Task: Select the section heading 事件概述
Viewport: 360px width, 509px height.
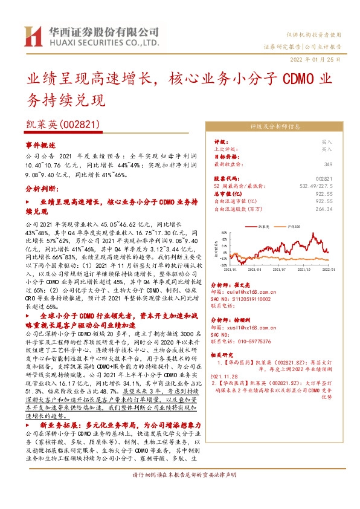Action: [x=40, y=146]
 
